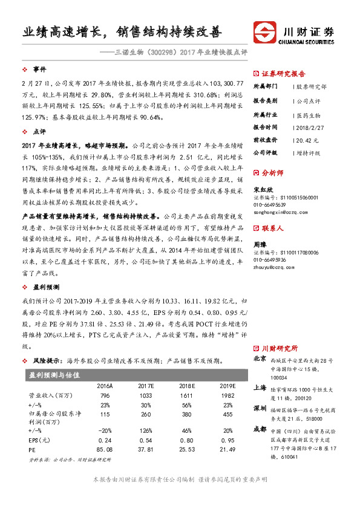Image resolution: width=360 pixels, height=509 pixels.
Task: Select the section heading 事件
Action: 39,70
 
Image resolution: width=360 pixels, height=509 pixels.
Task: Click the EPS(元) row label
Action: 40,440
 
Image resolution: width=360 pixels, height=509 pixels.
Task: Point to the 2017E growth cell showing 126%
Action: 146,430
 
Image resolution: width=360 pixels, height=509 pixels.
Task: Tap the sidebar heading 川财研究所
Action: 280,348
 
